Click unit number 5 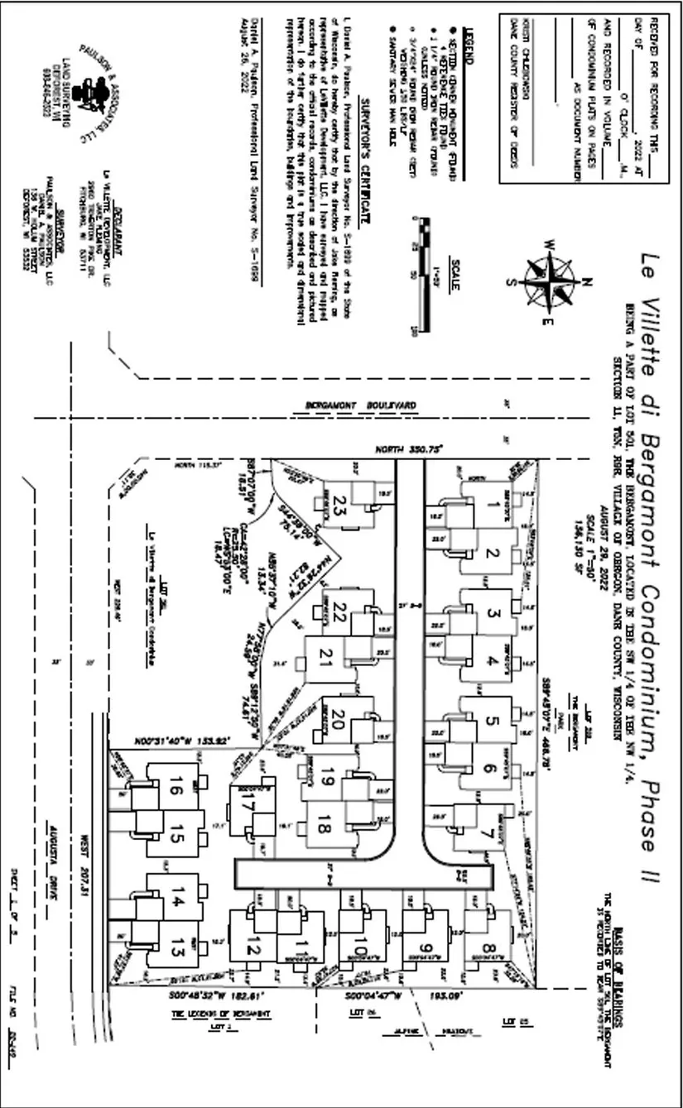point(491,720)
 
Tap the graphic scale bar point(426,276)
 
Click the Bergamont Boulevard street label point(361,405)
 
